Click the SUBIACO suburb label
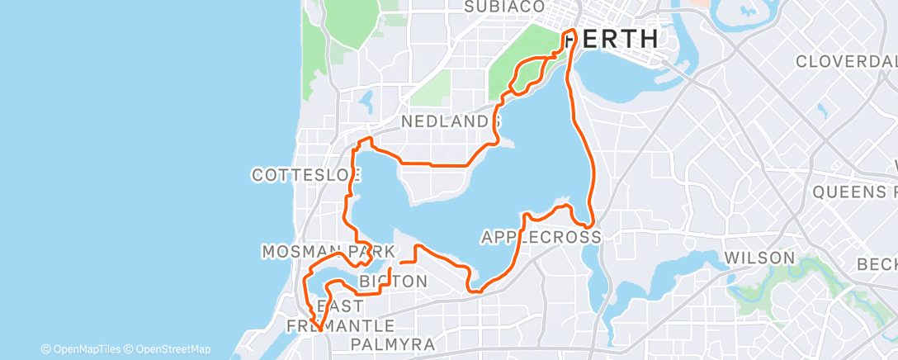[504, 7]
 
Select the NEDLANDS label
[451, 121]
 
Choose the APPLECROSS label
[540, 238]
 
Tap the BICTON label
[394, 282]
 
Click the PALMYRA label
[393, 343]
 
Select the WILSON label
[759, 258]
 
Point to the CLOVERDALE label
[846, 62]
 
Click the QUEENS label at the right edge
[854, 192]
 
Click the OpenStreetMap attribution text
[168, 349]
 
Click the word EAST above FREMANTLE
[339, 306]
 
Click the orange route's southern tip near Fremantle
[317, 331]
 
